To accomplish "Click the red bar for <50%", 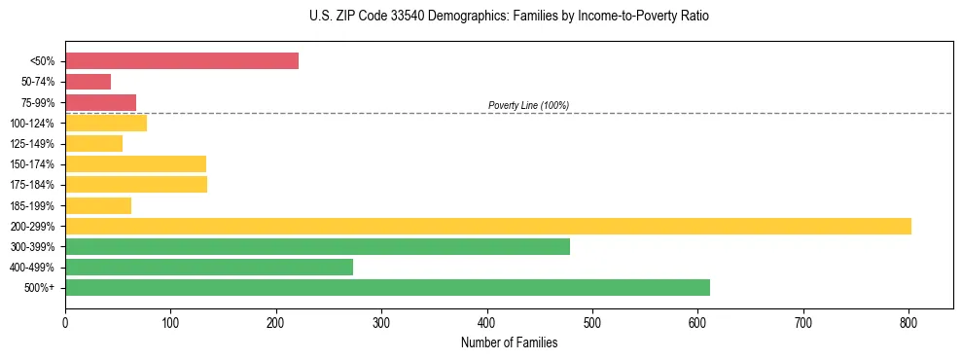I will click(x=182, y=61).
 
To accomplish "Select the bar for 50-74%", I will click(x=88, y=82).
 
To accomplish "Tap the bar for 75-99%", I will click(x=100, y=102).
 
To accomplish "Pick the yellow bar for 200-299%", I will click(x=488, y=226).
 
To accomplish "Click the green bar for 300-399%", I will click(x=317, y=246).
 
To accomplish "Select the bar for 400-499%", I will click(x=209, y=267).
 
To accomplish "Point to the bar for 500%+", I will click(x=387, y=287).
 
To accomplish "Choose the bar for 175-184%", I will click(x=136, y=185).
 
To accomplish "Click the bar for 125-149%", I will click(x=93, y=143).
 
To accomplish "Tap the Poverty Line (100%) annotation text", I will click(x=528, y=105).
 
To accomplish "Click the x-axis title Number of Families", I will click(x=509, y=342).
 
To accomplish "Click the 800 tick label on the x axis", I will click(x=909, y=320).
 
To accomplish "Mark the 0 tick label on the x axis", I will click(x=65, y=320).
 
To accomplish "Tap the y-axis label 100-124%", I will click(x=32, y=124).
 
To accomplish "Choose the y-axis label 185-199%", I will click(x=32, y=205).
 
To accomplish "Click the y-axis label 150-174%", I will click(x=32, y=164).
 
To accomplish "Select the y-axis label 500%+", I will click(x=39, y=288).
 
